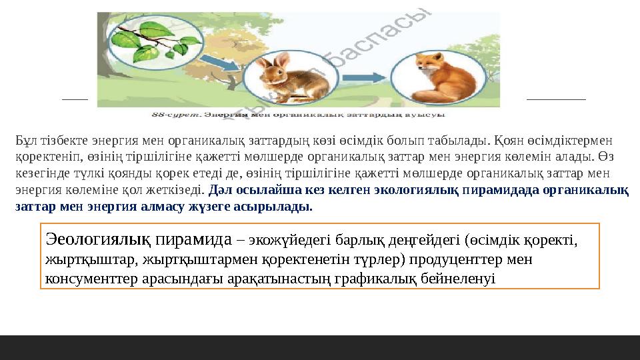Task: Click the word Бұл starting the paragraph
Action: (25, 141)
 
